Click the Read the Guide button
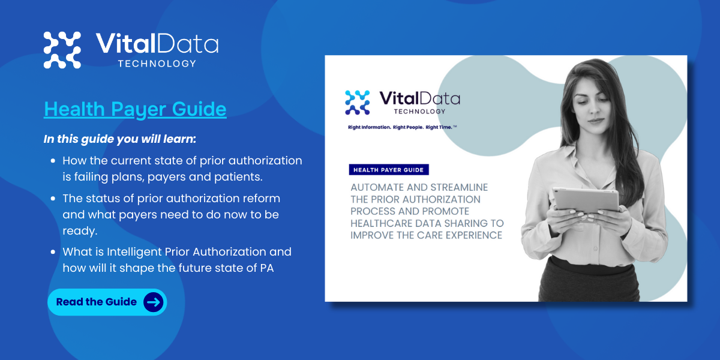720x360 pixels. pos(107,302)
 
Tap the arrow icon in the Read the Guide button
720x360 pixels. pos(154,302)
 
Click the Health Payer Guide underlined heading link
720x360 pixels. pos(135,109)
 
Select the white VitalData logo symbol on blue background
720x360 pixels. pos(62,50)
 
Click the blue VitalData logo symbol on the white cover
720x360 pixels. pos(358,103)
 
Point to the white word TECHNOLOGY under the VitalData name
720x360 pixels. pos(157,64)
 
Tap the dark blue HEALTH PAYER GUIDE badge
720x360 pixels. pos(389,170)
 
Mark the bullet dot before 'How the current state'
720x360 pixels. pos(53,161)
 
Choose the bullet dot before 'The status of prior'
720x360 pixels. pos(53,198)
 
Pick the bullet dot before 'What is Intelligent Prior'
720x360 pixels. pos(53,252)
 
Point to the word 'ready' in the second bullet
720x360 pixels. pos(78,231)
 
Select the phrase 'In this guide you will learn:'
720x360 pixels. pos(120,139)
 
